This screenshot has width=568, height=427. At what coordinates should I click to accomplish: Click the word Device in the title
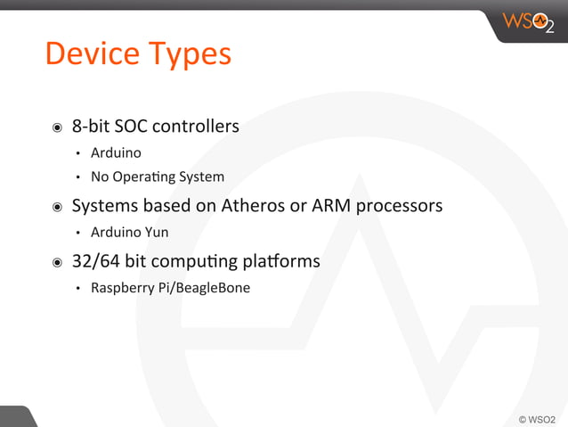click(x=91, y=53)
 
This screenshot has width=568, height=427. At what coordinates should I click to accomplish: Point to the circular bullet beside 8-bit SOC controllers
click(x=57, y=127)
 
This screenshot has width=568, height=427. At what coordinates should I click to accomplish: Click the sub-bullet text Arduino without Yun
click(x=116, y=152)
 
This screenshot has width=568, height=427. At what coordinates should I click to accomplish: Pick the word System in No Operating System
click(x=201, y=177)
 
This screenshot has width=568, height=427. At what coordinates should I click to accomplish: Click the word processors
click(x=399, y=207)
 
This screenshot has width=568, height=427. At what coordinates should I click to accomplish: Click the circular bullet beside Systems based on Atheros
click(x=57, y=207)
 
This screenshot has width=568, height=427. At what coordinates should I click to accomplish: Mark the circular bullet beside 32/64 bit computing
click(x=57, y=262)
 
